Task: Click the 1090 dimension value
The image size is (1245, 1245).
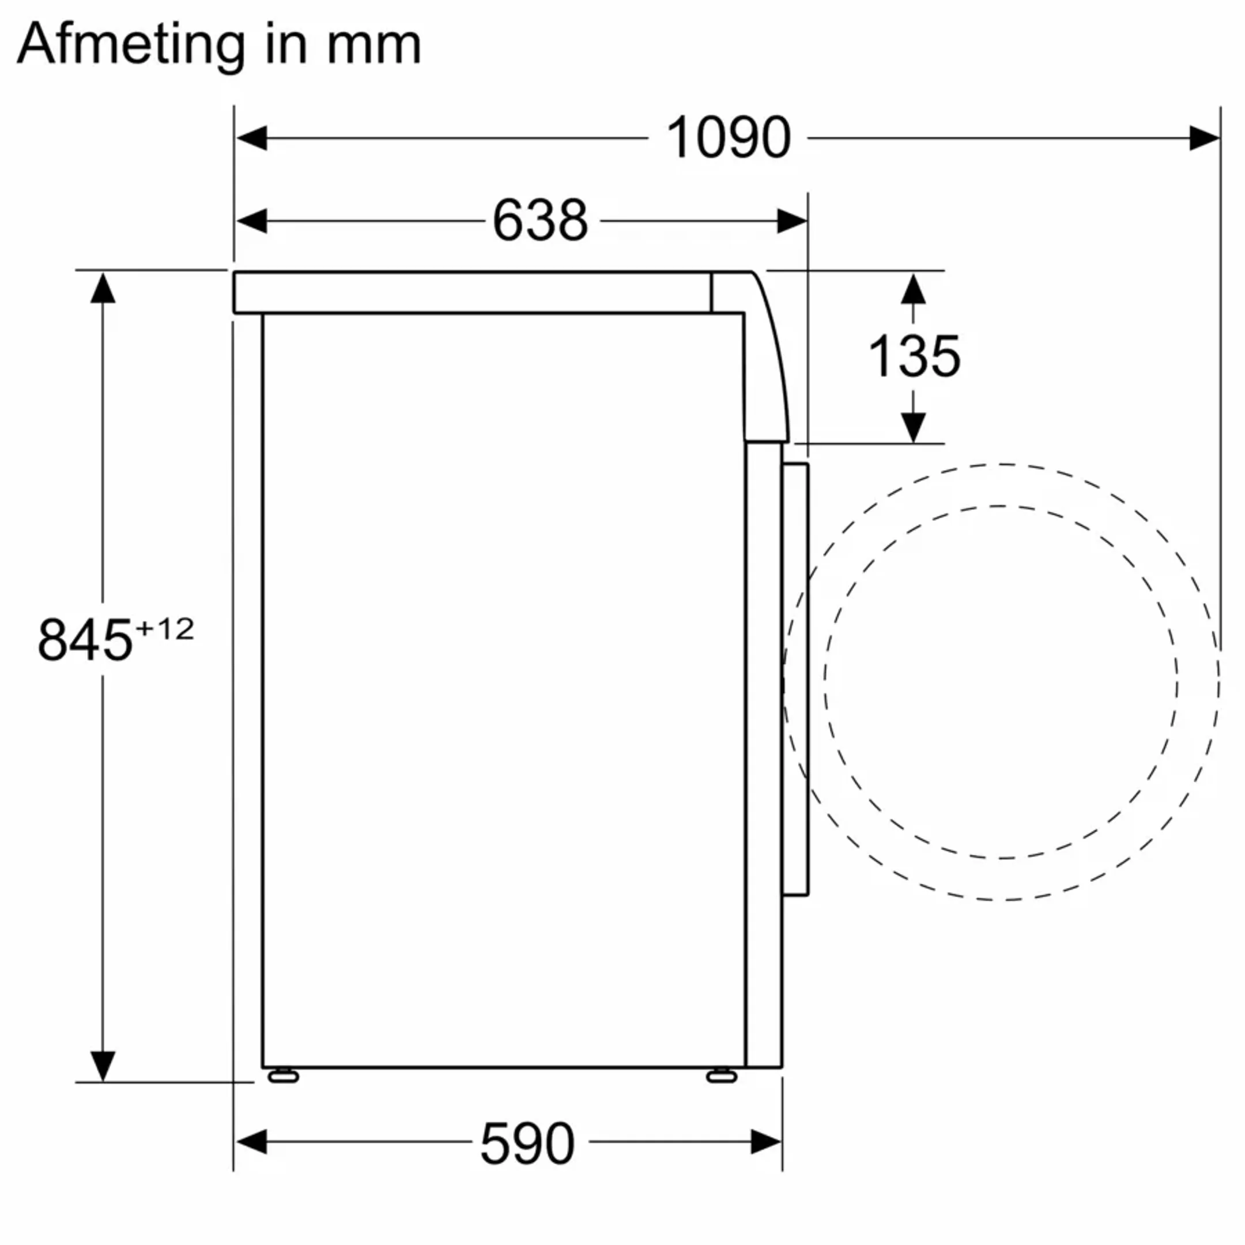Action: click(727, 137)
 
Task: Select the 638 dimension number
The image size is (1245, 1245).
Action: click(540, 220)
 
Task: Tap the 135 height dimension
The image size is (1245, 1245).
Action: click(914, 356)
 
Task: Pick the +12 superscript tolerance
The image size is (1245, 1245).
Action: click(165, 629)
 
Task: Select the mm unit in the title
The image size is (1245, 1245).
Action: click(373, 45)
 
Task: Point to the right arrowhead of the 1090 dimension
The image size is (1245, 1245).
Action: click(1203, 138)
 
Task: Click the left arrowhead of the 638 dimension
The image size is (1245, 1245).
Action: click(252, 221)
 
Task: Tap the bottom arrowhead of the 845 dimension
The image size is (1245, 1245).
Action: click(103, 1066)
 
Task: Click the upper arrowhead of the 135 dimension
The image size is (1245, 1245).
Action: click(913, 289)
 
